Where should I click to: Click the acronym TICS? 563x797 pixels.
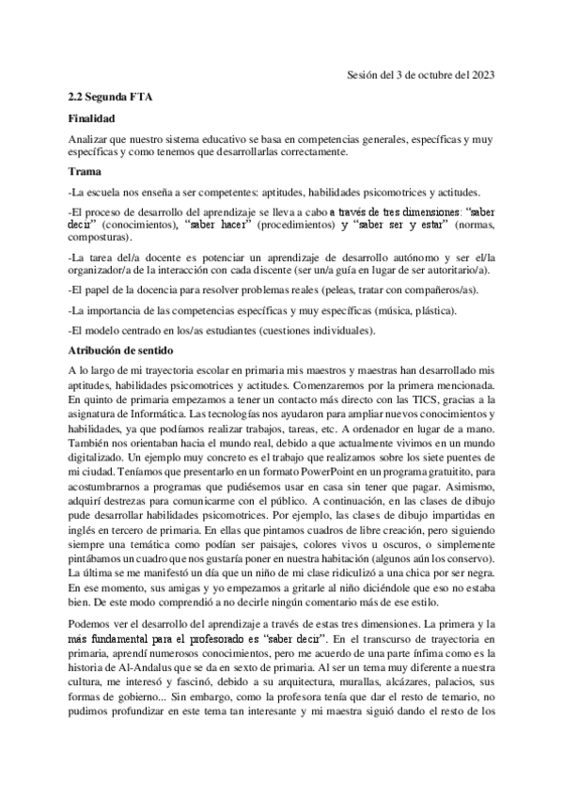[418, 398]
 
